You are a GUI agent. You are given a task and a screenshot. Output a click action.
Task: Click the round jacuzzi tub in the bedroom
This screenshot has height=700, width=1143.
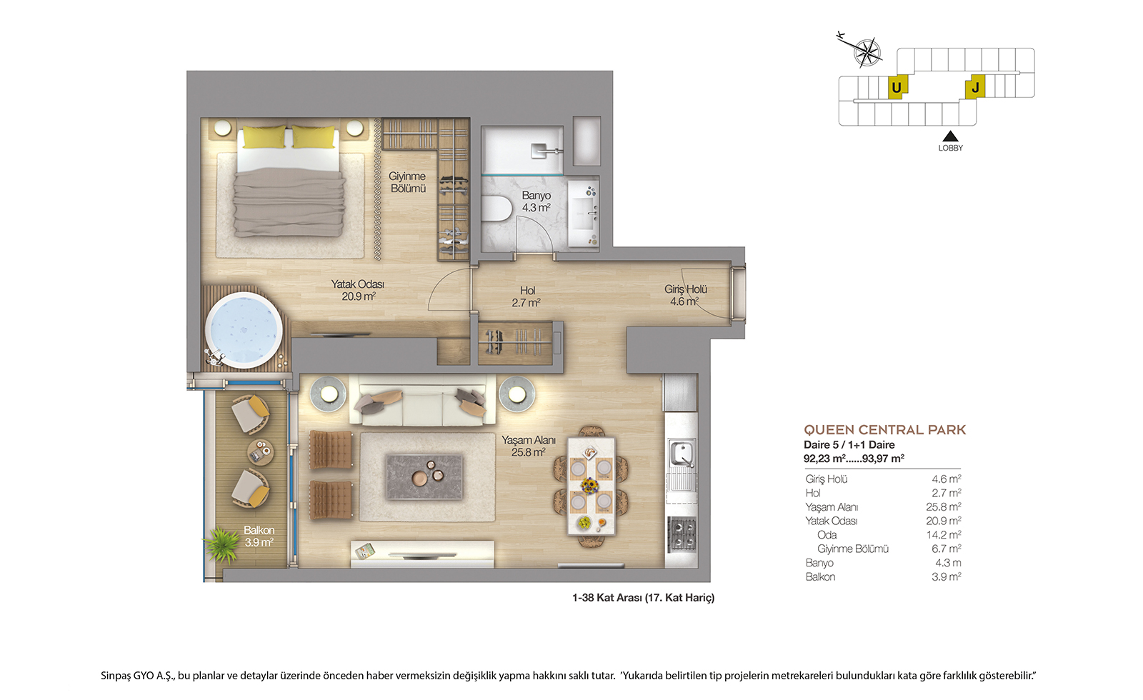(x=244, y=330)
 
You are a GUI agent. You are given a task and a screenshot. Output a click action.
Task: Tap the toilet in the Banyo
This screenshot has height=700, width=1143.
(x=496, y=208)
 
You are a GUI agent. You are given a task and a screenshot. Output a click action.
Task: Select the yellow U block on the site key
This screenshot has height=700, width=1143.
(x=897, y=87)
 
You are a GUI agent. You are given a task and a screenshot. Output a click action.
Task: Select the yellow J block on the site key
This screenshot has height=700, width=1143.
(x=974, y=87)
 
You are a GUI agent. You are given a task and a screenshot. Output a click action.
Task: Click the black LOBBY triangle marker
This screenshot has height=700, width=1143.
(x=949, y=136)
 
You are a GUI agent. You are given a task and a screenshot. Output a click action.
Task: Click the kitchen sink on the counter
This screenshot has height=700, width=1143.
(x=682, y=454)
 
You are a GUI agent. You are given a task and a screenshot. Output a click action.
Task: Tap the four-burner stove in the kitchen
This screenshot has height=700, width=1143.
(x=682, y=534)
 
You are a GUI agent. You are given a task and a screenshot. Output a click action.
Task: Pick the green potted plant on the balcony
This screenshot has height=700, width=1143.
(x=222, y=544)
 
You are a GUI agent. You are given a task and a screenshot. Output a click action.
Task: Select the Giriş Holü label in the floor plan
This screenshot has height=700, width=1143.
(x=685, y=289)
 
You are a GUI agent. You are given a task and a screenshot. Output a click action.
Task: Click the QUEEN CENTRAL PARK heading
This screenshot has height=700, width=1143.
(x=885, y=430)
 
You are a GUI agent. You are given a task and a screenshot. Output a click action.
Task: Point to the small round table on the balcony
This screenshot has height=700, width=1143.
(x=260, y=452)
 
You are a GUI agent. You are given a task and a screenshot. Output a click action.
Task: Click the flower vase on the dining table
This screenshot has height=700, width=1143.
(x=591, y=485)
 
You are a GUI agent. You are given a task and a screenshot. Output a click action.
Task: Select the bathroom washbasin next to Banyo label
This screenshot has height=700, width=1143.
(x=583, y=213)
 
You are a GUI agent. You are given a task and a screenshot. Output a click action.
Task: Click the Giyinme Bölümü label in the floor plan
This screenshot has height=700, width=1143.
(x=407, y=182)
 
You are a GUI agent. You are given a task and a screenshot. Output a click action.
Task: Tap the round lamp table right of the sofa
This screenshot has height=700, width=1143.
(x=517, y=394)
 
